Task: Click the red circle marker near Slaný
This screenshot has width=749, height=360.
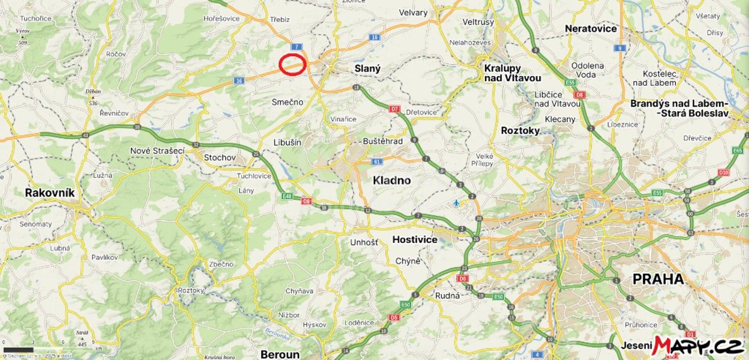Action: [292, 64]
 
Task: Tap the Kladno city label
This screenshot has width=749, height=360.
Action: [391, 180]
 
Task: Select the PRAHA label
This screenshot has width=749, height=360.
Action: [658, 279]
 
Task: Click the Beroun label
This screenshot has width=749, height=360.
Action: [280, 354]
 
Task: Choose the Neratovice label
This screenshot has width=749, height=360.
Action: [590, 29]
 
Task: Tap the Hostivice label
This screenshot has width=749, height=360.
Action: [415, 239]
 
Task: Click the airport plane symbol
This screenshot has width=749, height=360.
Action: [456, 203]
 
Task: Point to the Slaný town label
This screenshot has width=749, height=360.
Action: [367, 68]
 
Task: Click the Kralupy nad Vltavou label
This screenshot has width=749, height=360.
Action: [512, 73]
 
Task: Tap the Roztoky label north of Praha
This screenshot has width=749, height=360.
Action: [520, 131]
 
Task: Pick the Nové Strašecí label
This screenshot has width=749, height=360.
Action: [157, 150]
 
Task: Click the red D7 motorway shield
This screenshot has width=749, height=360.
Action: [394, 109]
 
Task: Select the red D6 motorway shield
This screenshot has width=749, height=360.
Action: [306, 202]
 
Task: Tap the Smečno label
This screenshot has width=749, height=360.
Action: [287, 102]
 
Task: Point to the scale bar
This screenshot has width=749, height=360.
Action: [18, 349]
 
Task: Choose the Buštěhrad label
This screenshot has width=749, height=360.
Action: [383, 141]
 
